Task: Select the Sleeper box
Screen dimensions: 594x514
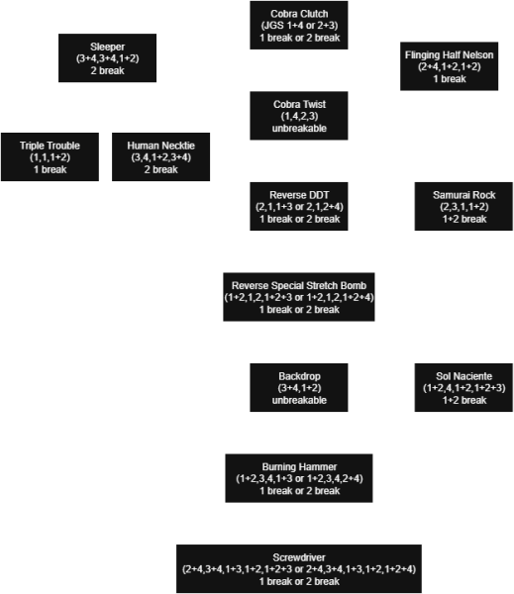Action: click(x=107, y=58)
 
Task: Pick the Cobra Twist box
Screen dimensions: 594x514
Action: click(x=298, y=117)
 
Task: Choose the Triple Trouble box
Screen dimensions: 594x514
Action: click(x=51, y=157)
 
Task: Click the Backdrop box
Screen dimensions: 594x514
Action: click(x=298, y=387)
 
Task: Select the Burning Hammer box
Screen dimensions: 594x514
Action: click(x=298, y=477)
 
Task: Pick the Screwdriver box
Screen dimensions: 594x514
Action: click(x=298, y=569)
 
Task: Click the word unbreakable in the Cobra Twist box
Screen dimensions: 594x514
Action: click(x=298, y=130)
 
